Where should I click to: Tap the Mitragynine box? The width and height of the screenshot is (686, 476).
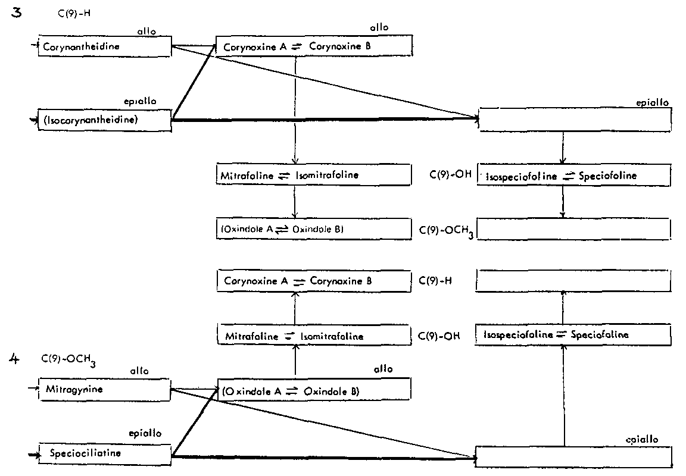(x=104, y=390)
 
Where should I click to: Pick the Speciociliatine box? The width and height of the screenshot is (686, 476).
(x=104, y=453)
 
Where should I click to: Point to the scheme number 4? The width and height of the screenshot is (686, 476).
(x=16, y=358)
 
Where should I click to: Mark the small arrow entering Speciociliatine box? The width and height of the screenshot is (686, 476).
(x=33, y=455)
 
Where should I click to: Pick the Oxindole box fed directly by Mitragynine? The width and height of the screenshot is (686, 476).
(x=314, y=390)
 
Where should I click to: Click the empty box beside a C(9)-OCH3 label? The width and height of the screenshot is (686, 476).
(x=575, y=229)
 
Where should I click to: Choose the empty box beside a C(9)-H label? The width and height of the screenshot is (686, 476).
(x=575, y=282)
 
